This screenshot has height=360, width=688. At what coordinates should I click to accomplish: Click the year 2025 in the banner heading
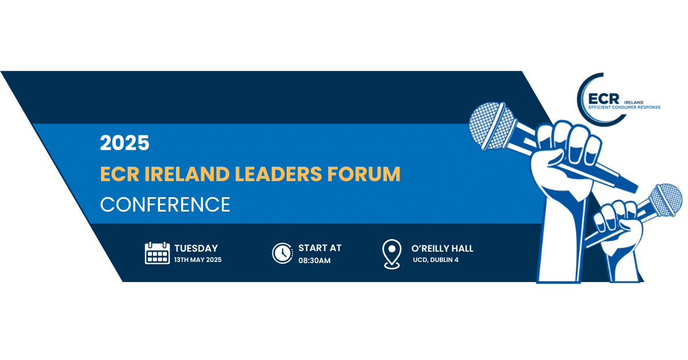125,143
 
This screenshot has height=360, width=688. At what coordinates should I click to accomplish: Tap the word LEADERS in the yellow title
278,174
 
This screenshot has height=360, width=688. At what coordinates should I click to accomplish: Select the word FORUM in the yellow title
364,174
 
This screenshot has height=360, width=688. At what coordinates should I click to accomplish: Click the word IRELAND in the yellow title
187,174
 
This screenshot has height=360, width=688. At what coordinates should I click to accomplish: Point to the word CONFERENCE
165,205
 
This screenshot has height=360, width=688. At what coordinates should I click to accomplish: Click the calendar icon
157,253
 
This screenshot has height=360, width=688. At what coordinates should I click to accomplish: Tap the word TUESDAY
196,248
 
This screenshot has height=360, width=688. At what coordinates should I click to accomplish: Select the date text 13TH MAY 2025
198,260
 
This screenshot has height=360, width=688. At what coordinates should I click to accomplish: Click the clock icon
283,253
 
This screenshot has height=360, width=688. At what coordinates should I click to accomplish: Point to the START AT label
320,248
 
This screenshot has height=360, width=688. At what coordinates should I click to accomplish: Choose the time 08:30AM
315,260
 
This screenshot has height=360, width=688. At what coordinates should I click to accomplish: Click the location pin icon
392,255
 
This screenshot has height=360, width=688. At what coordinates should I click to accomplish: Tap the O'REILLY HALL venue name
442,248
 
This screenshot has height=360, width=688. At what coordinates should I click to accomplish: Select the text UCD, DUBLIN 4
436,260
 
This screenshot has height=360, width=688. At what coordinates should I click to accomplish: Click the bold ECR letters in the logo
604,99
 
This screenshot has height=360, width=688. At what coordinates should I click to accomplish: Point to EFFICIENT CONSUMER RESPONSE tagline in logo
624,107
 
